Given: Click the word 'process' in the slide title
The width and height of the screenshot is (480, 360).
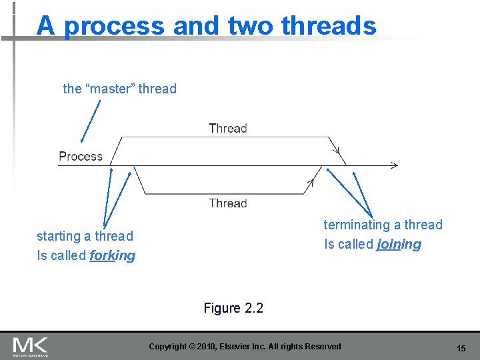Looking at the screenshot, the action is (114, 27).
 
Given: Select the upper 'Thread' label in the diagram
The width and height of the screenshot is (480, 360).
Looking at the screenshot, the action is (227, 128).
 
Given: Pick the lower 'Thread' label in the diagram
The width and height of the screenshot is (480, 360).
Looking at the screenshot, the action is (227, 203).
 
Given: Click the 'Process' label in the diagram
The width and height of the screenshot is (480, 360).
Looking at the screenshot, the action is (81, 157).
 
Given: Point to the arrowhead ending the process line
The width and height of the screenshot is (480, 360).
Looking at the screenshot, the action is (395, 165).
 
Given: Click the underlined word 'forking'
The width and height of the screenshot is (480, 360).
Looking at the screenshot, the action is (112, 255).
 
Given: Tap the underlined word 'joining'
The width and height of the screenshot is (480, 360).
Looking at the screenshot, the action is (399, 244).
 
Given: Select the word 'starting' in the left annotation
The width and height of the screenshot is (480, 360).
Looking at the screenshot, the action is (57, 236).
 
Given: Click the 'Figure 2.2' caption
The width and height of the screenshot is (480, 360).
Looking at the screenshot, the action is (233, 308).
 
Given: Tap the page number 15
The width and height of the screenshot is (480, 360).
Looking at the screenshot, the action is (461, 349).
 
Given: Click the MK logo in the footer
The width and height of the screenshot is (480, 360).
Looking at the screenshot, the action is (30, 346).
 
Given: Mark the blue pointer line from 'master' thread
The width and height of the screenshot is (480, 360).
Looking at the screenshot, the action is (91, 120).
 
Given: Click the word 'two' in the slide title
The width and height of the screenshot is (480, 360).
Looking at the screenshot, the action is (251, 26).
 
